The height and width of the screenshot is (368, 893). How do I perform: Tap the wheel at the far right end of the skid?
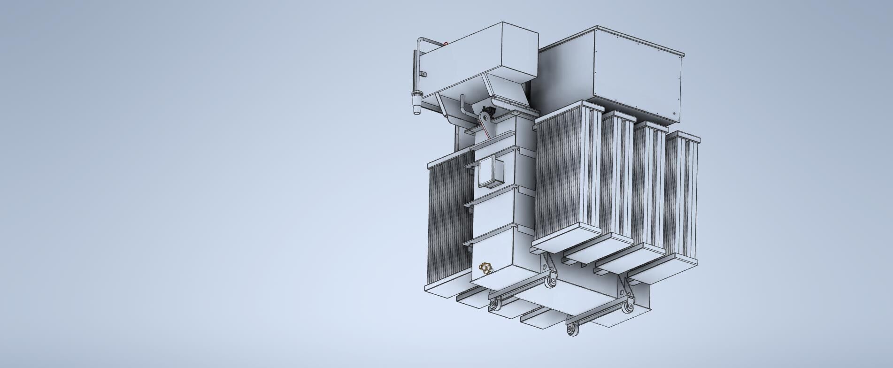626,308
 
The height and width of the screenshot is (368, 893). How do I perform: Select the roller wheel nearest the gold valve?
494,306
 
